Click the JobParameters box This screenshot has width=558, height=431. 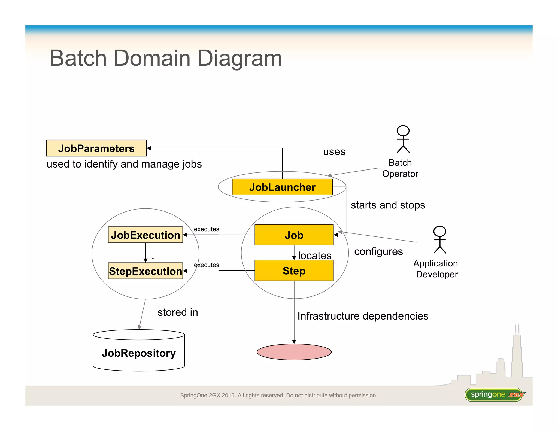[x=96, y=148]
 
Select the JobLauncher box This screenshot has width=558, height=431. [x=282, y=187]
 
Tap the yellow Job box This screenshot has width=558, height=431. [x=294, y=235]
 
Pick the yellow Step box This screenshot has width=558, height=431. [x=294, y=271]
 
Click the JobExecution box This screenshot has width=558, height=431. [x=145, y=235]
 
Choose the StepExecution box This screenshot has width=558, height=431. [x=145, y=271]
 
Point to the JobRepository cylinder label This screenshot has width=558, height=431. [x=139, y=353]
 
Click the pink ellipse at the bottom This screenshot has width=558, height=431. [x=294, y=352]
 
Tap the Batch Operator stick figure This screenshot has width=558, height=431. [x=403, y=139]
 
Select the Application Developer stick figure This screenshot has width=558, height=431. [x=439, y=240]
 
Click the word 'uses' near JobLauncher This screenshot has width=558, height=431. [x=334, y=152]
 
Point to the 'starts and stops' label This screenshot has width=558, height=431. [x=388, y=205]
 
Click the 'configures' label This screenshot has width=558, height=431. [x=378, y=251]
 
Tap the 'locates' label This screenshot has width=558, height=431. [x=315, y=256]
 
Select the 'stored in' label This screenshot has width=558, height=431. [x=178, y=312]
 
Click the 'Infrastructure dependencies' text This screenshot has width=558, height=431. [x=363, y=316]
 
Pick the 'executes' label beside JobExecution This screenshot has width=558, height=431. [x=206, y=229]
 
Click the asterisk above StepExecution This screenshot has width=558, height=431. [x=153, y=259]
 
